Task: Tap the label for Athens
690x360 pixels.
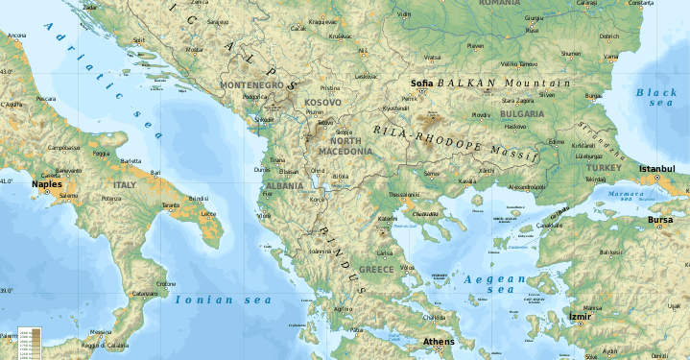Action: coord(439,342)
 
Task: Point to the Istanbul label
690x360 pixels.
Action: coord(657,169)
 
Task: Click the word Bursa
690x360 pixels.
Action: coord(660,220)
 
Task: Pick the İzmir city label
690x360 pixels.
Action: coord(581,315)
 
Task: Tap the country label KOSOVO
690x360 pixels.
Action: coord(321,102)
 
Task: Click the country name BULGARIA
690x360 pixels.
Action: coord(521,113)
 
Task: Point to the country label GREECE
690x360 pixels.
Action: coord(376,270)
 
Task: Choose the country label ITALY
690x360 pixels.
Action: coord(126,184)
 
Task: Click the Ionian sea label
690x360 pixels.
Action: coord(223,300)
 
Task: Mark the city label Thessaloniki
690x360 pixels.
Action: coord(403,194)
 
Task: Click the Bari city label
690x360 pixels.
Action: coord(155,172)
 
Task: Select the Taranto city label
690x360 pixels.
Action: coord(171,205)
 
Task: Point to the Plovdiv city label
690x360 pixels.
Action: coord(481,114)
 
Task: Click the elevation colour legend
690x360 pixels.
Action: coord(29,342)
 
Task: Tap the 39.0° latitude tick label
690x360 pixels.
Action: coord(6,290)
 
